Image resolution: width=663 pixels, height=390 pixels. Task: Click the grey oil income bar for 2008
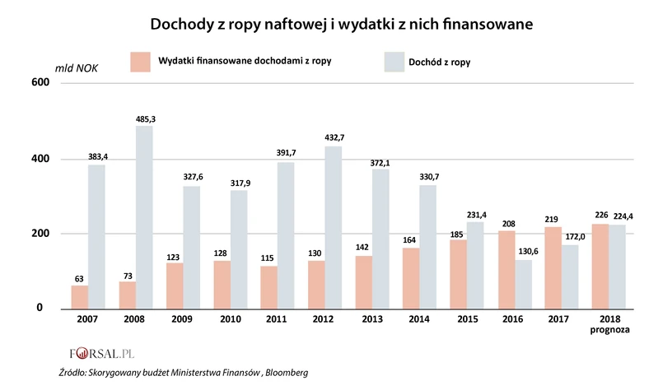coord(144,218)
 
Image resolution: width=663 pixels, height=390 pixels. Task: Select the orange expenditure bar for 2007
coord(80,297)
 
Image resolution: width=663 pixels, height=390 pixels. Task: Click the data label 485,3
coord(145,119)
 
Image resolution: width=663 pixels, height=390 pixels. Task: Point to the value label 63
coord(80,279)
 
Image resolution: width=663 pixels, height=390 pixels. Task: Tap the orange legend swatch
coord(140,62)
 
